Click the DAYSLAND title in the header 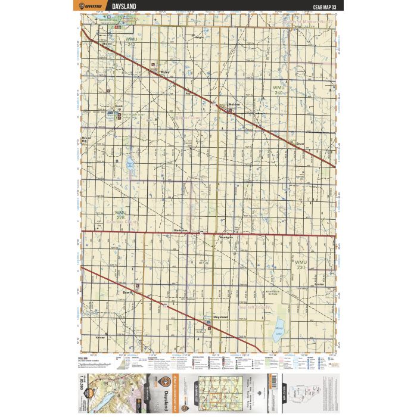(124, 6)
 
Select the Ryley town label (166, 71)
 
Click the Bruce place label (300, 144)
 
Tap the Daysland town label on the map (220, 317)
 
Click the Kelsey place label (100, 338)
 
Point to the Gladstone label (181, 229)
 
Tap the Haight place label (199, 37)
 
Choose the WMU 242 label (131, 42)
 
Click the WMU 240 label (278, 90)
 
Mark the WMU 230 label (300, 264)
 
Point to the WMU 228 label (121, 214)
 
